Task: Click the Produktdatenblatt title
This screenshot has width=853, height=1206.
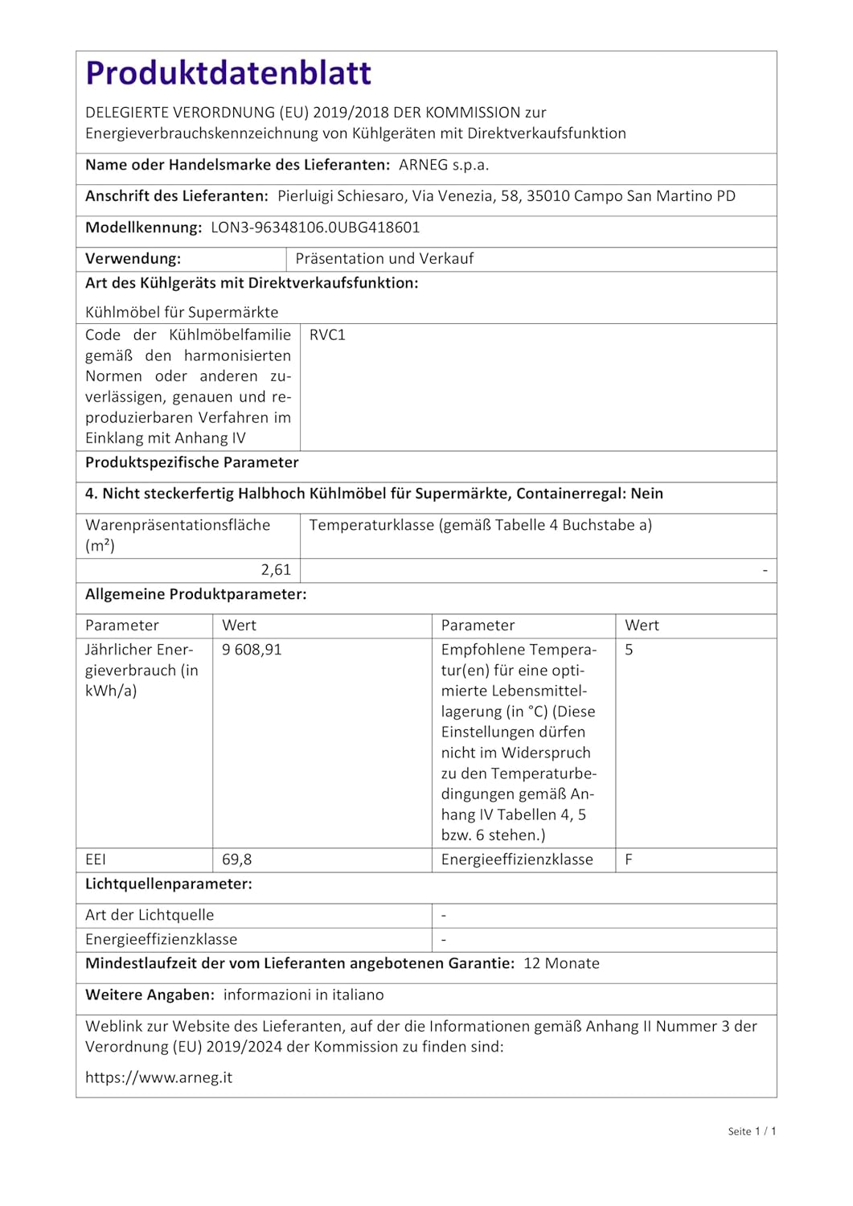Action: [228, 73]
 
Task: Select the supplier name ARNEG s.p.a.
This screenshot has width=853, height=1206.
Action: [444, 165]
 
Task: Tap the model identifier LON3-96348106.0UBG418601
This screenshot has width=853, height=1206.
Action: [315, 228]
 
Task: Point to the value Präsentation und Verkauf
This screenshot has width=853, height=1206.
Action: [384, 259]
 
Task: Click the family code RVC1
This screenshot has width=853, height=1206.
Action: [327, 335]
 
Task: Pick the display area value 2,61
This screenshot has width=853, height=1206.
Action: [276, 570]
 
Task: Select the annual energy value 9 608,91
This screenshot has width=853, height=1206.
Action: [252, 650]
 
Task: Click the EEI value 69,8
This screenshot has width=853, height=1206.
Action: [236, 859]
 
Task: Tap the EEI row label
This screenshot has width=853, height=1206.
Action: [96, 859]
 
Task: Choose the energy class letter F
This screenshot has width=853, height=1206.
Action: [629, 859]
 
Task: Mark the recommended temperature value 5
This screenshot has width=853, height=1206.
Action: [629, 650]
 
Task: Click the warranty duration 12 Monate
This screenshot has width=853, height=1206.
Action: [561, 963]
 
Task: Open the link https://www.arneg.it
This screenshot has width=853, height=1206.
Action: [158, 1077]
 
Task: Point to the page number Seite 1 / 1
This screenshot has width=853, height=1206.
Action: [752, 1131]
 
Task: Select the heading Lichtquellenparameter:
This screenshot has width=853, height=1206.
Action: [169, 884]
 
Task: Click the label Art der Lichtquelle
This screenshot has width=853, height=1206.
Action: [150, 915]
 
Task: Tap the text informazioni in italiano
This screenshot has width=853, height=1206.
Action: [303, 995]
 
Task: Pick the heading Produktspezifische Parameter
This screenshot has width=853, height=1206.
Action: [191, 462]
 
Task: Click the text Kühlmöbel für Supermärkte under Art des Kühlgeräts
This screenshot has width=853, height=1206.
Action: [182, 312]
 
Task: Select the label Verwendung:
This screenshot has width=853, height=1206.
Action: [133, 259]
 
